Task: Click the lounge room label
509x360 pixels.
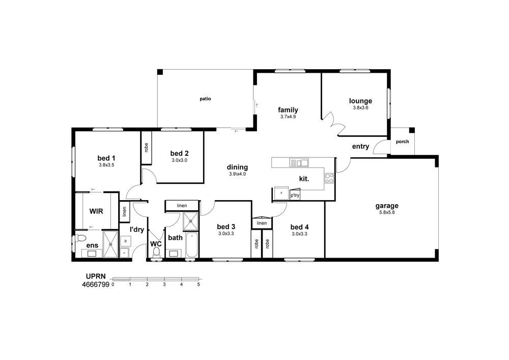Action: [360, 101]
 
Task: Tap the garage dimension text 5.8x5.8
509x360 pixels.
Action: [387, 213]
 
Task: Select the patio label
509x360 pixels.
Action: [205, 99]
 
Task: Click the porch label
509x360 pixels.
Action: [402, 142]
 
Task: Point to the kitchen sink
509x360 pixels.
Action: [299, 162]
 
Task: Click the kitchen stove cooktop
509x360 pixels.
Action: [329, 178]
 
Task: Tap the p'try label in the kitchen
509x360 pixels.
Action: [295, 196]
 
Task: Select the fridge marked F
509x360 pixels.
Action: [281, 193]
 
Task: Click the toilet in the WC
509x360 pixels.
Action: [156, 253]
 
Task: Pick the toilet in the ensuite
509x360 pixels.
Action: [80, 239]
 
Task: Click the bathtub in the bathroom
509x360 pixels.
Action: [192, 245]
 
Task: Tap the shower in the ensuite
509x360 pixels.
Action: [111, 244]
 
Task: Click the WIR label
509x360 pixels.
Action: [96, 211]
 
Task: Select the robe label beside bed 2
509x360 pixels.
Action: [146, 147]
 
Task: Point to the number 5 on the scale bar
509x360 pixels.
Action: [199, 284]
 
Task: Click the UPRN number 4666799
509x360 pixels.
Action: [96, 285]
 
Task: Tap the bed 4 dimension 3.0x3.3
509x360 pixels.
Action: [299, 234]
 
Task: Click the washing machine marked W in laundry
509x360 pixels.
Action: [125, 241]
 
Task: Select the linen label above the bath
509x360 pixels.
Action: [182, 206]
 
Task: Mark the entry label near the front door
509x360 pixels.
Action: [360, 147]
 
